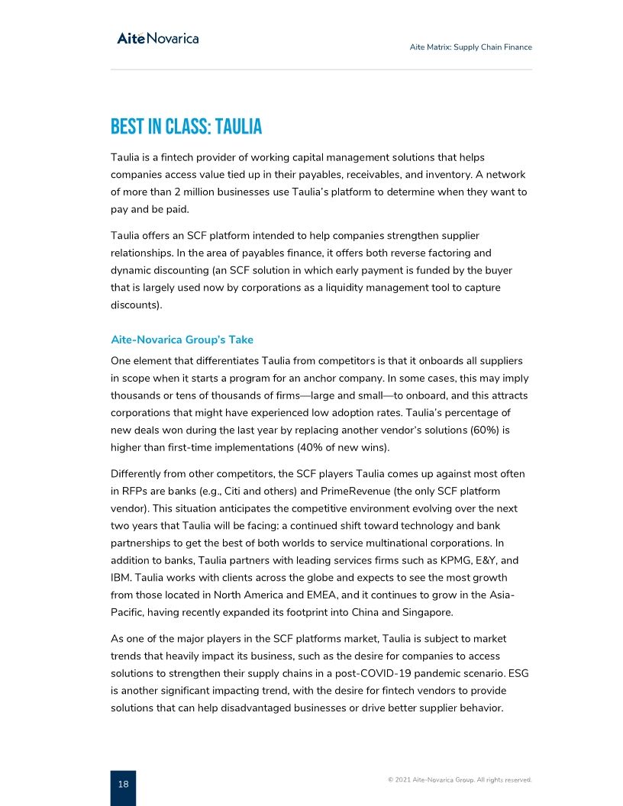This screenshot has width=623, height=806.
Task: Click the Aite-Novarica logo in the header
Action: pos(157,38)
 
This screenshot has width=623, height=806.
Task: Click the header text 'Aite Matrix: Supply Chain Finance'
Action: pos(470,47)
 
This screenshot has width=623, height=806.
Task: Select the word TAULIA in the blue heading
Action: pos(237,126)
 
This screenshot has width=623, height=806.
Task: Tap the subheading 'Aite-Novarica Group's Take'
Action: pos(182,340)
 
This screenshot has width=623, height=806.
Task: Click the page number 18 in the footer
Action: pos(123,784)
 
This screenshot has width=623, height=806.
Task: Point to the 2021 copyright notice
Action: pos(460,780)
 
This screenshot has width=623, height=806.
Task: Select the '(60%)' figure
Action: pos(478,430)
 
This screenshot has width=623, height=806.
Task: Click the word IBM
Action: pos(121,578)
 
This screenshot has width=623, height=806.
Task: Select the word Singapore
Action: pos(426,612)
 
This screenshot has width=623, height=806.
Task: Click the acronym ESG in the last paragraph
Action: pos(516,673)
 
